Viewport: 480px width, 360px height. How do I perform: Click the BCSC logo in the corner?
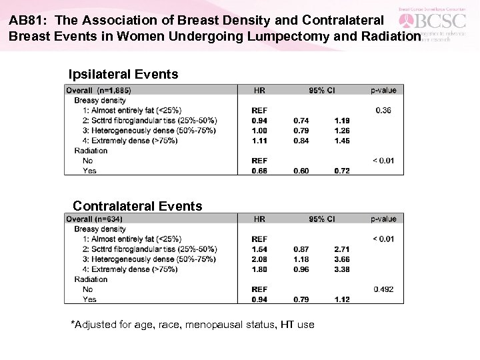[x=439, y=23]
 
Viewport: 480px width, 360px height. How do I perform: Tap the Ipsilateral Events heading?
[x=123, y=75]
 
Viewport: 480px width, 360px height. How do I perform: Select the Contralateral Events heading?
[x=137, y=206]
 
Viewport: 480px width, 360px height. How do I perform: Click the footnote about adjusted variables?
[x=193, y=325]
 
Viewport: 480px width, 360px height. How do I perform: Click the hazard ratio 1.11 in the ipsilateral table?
[x=259, y=141]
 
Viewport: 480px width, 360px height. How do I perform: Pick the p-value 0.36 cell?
[x=383, y=110]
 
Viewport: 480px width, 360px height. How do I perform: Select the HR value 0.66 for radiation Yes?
[x=259, y=171]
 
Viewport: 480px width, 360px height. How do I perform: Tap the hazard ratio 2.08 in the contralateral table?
[x=259, y=259]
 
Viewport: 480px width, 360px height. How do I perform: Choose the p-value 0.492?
[x=384, y=289]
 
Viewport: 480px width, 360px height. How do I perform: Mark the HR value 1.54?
[x=259, y=249]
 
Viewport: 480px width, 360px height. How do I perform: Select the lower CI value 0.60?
[x=301, y=171]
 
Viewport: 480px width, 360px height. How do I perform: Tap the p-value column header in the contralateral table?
[x=383, y=219]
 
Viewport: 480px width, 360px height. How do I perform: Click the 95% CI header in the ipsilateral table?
[x=321, y=90]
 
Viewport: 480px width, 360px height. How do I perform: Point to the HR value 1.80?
[x=259, y=269]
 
